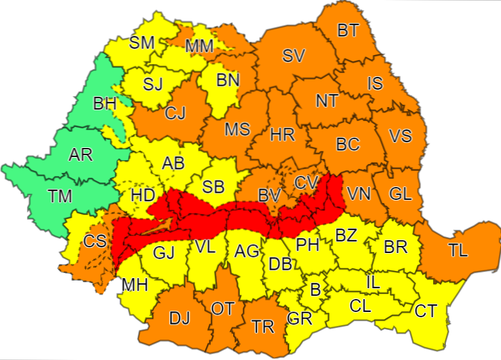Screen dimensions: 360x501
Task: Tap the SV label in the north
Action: (293, 56)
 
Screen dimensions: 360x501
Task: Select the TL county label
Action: (458, 250)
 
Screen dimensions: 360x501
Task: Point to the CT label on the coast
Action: (425, 312)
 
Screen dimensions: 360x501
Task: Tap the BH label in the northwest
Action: (104, 103)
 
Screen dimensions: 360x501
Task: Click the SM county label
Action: (142, 43)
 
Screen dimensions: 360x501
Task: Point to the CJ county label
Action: (175, 113)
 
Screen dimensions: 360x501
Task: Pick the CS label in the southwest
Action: (95, 241)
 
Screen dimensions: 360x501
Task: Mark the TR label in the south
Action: (263, 327)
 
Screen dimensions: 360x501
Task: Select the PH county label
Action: (307, 244)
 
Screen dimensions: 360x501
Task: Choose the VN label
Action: (358, 193)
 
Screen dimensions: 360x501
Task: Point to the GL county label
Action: (400, 193)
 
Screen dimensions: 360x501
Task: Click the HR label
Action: (282, 135)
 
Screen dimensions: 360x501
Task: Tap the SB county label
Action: (213, 186)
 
